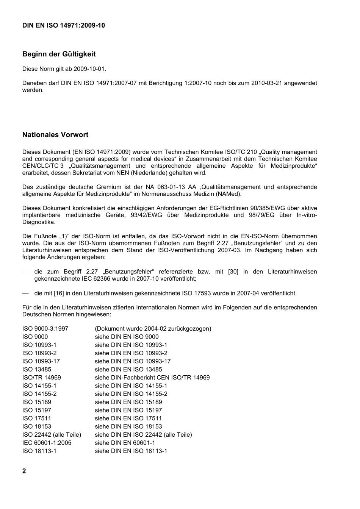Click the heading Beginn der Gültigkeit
[59, 54]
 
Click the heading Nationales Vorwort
[55, 135]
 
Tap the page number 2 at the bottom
[24, 471]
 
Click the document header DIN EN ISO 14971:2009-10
[64, 25]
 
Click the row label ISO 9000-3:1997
[45, 329]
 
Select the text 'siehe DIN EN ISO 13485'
[128, 370]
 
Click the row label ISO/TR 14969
[41, 378]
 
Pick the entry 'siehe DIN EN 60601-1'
[125, 443]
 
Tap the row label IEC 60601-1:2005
[47, 443]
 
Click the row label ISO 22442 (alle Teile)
[52, 435]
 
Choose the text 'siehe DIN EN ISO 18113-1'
[131, 451]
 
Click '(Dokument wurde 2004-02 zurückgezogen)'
[153, 329]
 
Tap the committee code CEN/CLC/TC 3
[43, 166]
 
